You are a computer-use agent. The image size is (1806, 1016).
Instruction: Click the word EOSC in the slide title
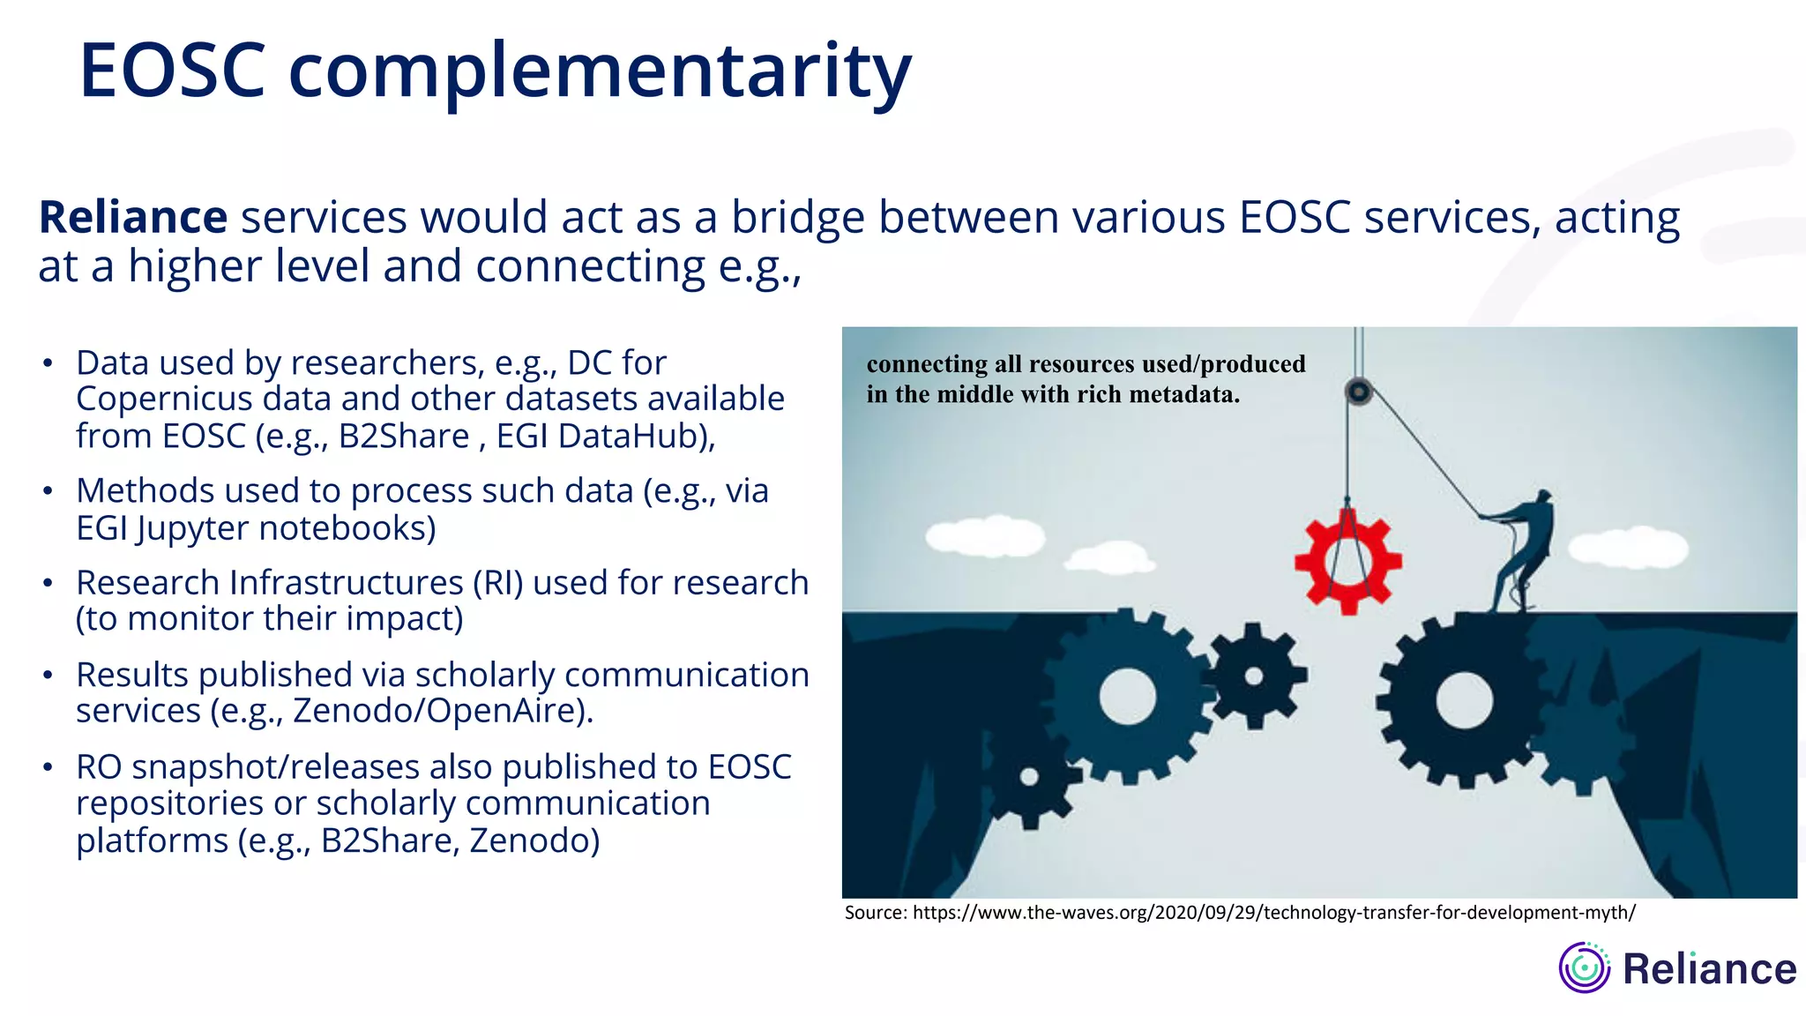pyautogui.click(x=173, y=71)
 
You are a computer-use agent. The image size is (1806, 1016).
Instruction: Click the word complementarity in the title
pyautogui.click(x=600, y=72)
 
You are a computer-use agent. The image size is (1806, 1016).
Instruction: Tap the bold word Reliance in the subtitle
pyautogui.click(x=133, y=218)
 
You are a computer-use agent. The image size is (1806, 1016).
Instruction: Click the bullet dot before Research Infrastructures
pyautogui.click(x=49, y=583)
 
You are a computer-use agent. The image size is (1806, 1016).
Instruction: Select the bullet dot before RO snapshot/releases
pyautogui.click(x=49, y=767)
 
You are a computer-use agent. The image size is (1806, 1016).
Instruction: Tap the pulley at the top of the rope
pyautogui.click(x=1359, y=392)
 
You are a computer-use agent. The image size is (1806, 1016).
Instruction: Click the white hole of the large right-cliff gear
pyautogui.click(x=1464, y=701)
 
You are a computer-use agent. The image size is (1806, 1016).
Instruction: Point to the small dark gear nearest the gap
pyautogui.click(x=1254, y=676)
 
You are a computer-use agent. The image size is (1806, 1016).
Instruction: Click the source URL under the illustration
pyautogui.click(x=1273, y=913)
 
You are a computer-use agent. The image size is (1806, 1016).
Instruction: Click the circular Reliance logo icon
pyautogui.click(x=1584, y=968)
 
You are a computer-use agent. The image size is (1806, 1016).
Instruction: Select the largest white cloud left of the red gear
pyautogui.click(x=985, y=536)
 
